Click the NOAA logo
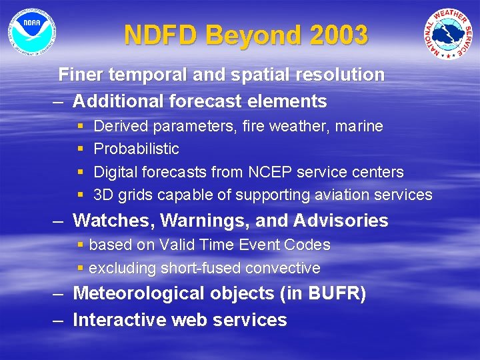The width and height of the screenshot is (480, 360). pos(32,32)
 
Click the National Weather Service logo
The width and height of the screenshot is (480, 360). pos(449,34)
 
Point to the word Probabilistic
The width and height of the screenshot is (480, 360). pos(136,149)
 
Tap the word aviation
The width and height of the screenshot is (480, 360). pos(347,195)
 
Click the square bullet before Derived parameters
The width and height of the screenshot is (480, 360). pos(80,126)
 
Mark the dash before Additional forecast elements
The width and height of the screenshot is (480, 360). pos(59,101)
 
